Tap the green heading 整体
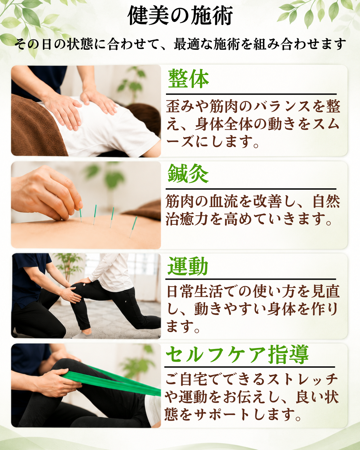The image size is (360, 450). (x=188, y=79)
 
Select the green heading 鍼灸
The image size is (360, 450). (x=188, y=174)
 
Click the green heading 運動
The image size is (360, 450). (x=188, y=266)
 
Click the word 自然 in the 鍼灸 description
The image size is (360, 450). (x=326, y=202)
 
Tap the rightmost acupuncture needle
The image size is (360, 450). (x=133, y=227)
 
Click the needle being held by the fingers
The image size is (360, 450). (x=81, y=215)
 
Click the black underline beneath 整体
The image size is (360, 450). (x=251, y=94)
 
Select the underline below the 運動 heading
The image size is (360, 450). (x=251, y=279)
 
